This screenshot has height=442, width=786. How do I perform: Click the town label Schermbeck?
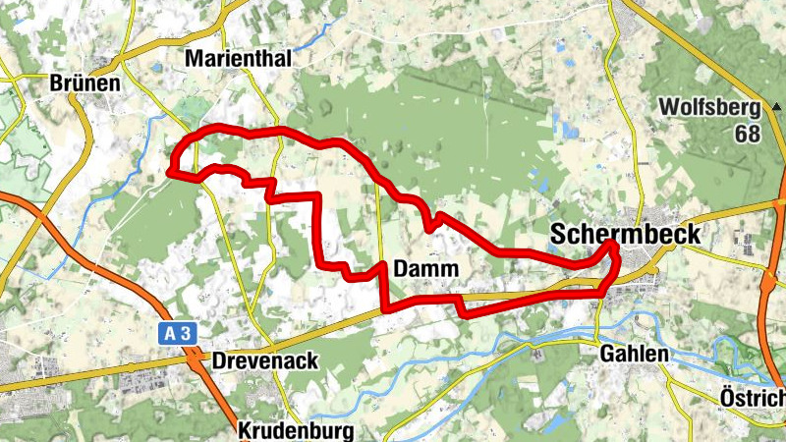tap(626, 235)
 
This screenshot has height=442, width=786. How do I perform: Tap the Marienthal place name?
tap(239, 59)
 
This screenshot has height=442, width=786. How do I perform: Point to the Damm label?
tap(423, 268)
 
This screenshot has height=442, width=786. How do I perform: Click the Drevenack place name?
tap(265, 360)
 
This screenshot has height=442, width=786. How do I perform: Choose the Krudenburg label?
tap(295, 431)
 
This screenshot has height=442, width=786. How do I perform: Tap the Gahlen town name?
tap(636, 354)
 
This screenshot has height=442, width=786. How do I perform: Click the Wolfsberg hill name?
tap(710, 106)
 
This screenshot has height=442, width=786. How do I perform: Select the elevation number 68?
tap(748, 133)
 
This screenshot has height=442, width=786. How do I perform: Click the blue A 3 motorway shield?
tap(177, 334)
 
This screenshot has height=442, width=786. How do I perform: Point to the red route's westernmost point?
tap(170, 171)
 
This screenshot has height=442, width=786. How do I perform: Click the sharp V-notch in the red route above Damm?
tap(430, 229)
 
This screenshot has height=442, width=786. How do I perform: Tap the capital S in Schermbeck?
tap(559, 235)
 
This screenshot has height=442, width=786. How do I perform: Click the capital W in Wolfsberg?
tap(669, 106)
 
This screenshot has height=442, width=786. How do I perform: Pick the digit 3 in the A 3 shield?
tap(184, 334)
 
